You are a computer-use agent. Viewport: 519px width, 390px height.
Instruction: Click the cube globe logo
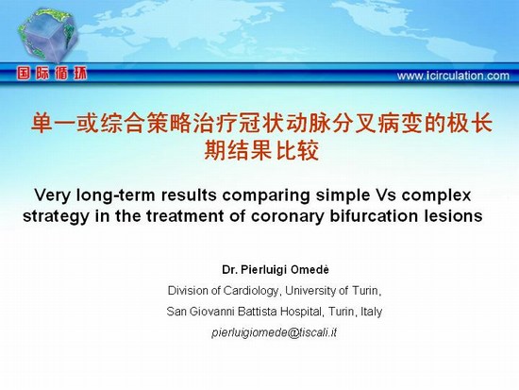coord(48,35)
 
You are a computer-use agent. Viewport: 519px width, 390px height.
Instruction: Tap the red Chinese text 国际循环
coord(52,74)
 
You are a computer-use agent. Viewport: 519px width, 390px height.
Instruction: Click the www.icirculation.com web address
coord(453,76)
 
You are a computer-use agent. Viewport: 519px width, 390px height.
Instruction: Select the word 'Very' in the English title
coord(52,195)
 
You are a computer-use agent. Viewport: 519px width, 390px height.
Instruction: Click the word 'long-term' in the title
coord(115,195)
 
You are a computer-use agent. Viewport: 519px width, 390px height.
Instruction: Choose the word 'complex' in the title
coord(436,195)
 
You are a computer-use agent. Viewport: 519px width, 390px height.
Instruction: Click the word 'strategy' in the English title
coord(56,216)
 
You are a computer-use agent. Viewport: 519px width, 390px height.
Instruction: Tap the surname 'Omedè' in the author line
coord(310,270)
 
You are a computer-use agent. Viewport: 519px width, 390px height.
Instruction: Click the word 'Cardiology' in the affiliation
coord(251,291)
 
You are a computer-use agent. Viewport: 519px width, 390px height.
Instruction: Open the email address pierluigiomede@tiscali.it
coord(274,332)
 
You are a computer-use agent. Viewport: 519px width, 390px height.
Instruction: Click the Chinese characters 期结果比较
coord(261,150)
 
